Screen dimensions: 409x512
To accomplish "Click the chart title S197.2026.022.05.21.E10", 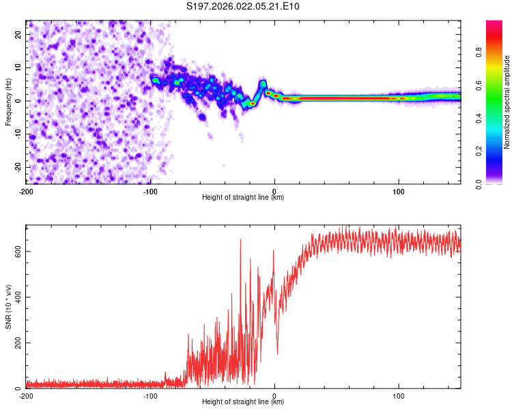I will pyautogui.click(x=243, y=6).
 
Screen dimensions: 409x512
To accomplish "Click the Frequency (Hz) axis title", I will pyautogui.click(x=8, y=101).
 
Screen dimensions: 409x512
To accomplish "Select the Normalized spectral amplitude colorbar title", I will pyautogui.click(x=507, y=102).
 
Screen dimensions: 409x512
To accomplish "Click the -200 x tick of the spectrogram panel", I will pyautogui.click(x=26, y=190).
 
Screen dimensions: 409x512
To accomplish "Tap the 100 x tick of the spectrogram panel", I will pyautogui.click(x=399, y=190).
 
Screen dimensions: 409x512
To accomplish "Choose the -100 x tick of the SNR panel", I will pyautogui.click(x=150, y=395).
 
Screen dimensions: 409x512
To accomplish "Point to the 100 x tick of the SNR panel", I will pyautogui.click(x=399, y=395).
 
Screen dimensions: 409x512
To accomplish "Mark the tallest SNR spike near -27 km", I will pyautogui.click(x=240, y=240).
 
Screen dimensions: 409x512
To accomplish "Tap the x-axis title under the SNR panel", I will pyautogui.click(x=243, y=402).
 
